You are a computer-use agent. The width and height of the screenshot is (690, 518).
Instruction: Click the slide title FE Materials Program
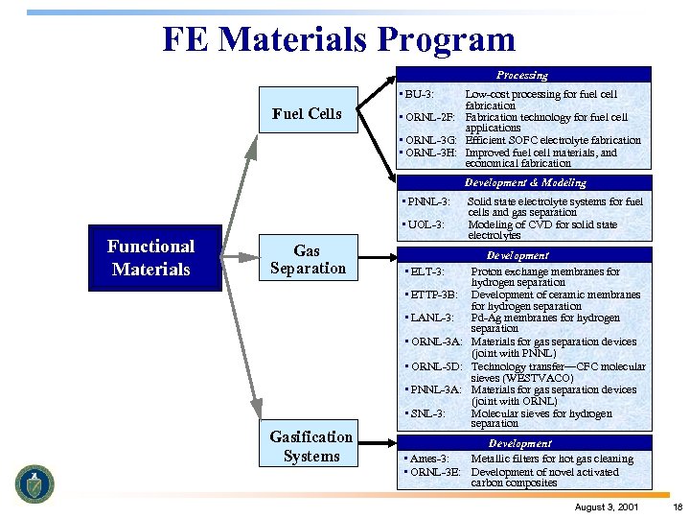pos(338,39)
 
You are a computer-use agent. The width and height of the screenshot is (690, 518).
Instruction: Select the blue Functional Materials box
pos(154,258)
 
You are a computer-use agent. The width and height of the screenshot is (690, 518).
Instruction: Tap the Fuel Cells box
pos(307,113)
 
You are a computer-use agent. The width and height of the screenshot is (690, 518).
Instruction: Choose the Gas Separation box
pos(307,259)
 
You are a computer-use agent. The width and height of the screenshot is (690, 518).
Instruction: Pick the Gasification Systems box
pos(310,446)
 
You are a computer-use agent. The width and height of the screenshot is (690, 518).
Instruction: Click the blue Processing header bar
pos(522,75)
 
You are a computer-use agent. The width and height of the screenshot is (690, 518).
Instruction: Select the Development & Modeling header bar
pos(524,182)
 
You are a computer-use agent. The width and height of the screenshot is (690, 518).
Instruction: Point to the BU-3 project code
pos(419,94)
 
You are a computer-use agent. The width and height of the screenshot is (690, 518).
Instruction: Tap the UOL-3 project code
pos(425,224)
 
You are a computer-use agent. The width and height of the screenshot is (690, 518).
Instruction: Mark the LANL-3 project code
pos(433,318)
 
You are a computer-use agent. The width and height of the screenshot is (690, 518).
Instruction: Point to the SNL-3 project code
pos(427,413)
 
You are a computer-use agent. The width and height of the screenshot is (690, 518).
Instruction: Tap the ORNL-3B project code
pos(436,472)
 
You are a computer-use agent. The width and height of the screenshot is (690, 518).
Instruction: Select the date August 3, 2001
pos(608,506)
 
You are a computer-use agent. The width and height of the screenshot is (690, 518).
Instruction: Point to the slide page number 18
pos(677,506)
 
